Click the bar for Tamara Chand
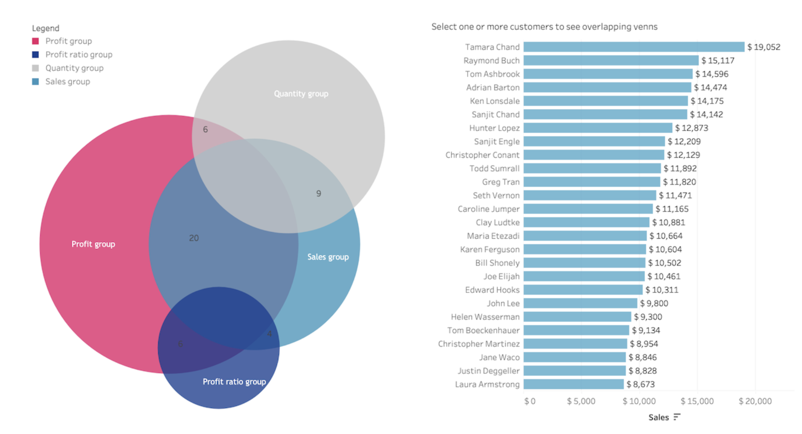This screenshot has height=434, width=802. [x=634, y=47]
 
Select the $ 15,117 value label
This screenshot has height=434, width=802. [x=718, y=61]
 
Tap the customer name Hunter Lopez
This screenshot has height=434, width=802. [x=494, y=128]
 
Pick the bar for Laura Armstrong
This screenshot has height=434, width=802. [x=574, y=384]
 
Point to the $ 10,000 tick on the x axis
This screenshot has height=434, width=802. [x=639, y=401]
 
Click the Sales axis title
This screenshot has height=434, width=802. [x=658, y=417]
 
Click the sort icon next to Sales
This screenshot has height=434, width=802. [x=677, y=417]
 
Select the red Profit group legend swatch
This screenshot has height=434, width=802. [x=35, y=41]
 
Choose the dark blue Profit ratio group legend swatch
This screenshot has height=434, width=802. [x=35, y=55]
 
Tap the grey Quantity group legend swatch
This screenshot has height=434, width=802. [x=35, y=68]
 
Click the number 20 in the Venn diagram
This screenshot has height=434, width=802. [x=194, y=238]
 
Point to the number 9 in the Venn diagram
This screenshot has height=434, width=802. [x=318, y=194]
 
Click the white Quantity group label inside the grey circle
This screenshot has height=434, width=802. [x=301, y=94]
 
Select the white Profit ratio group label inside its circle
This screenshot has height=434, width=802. [x=234, y=382]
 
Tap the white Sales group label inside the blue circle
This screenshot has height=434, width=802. [x=328, y=257]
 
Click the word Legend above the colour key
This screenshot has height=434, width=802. [x=45, y=28]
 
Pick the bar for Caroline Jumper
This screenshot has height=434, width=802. [x=588, y=209]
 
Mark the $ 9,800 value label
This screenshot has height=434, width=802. [x=654, y=303]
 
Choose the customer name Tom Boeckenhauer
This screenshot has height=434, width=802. [x=483, y=330]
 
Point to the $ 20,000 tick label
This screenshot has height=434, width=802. [x=755, y=401]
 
